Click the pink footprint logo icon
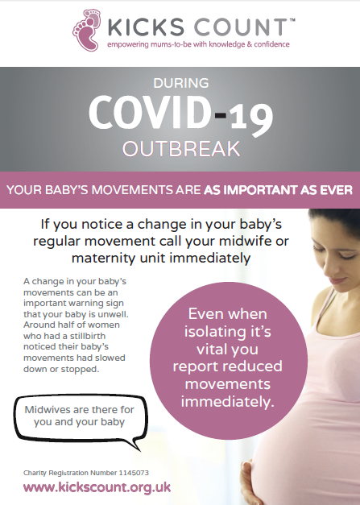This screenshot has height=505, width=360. coord(86,30)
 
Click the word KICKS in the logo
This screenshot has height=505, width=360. coord(146,27)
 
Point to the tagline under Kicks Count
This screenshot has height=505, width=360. coord(198,44)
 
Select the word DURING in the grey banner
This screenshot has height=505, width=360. coord(181,83)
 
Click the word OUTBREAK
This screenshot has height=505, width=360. coord(181,149)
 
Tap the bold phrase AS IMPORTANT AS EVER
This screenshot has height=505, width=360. coord(278,190)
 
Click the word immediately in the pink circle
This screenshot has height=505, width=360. coord(228,402)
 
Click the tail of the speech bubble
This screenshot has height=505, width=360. coord(134,444)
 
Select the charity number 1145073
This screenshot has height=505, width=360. coord(134,473)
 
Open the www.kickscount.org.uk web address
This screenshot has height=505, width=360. coord(97,487)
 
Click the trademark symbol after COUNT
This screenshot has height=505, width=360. coord(292,20)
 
